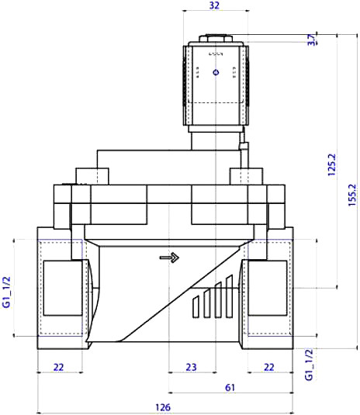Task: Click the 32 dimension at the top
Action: point(214,5)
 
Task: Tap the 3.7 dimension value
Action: point(312,40)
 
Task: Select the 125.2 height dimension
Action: point(331,164)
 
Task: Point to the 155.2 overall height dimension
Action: point(352,195)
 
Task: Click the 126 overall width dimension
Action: point(163,407)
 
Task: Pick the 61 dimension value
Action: point(230,388)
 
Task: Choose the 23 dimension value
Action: point(191,367)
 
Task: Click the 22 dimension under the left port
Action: point(59,367)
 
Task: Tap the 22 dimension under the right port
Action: point(269,367)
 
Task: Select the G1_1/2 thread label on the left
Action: point(6,292)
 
